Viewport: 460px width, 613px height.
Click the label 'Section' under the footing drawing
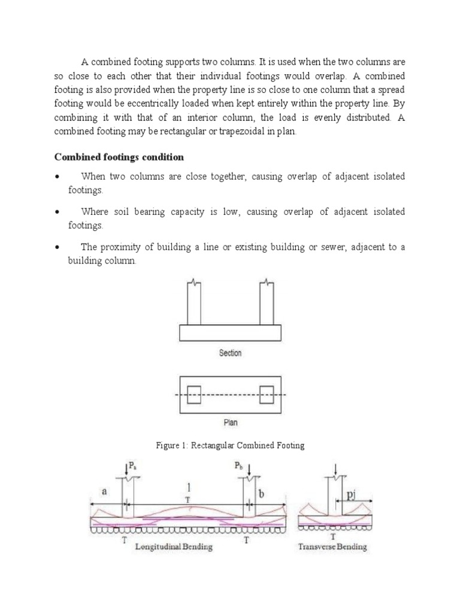pos(230,353)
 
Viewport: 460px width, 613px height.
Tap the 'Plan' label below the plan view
pos(231,422)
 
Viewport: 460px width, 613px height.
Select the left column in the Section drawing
pos(194,302)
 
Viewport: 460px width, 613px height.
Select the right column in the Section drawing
pos(267,302)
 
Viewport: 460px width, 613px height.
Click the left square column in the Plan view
pos(194,395)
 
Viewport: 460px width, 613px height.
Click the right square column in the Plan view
pos(267,395)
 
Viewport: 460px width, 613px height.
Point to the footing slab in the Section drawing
pos(231,332)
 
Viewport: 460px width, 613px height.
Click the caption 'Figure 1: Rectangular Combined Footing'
pos(230,446)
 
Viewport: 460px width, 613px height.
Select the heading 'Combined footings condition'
pos(120,157)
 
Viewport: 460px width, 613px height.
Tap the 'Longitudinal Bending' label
pos(174,547)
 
